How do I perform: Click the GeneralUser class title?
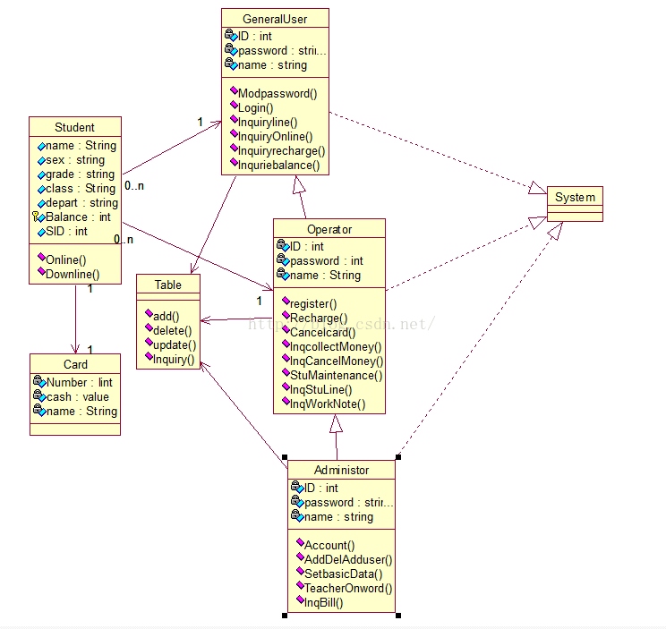(275, 19)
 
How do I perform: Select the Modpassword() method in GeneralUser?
(277, 93)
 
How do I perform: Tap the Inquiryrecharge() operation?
(281, 150)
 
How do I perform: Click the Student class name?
(74, 127)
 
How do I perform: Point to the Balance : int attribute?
(78, 217)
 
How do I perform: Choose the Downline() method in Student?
(72, 274)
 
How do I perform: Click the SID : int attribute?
(66, 231)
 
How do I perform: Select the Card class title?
(75, 364)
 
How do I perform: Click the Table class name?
(167, 285)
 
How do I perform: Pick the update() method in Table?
(174, 344)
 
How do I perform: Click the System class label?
(575, 197)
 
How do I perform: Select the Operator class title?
(329, 229)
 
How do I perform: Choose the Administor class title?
(341, 470)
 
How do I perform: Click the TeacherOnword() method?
(348, 588)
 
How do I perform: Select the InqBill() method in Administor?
(323, 602)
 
